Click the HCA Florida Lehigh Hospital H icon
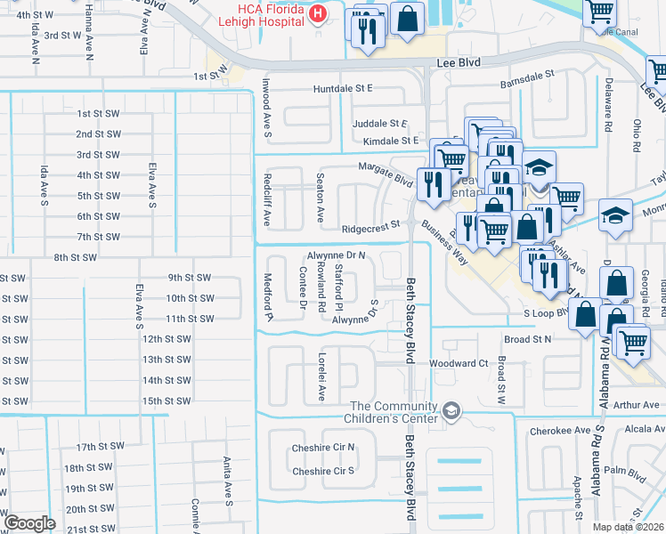[317, 15]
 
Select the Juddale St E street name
[378, 124]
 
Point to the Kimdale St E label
[390, 141]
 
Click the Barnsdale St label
[526, 76]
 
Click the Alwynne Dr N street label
[337, 255]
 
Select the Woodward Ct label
[459, 363]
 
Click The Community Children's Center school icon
[452, 410]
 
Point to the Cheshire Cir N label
[323, 448]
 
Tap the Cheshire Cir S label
[323, 471]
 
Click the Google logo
[29, 522]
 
